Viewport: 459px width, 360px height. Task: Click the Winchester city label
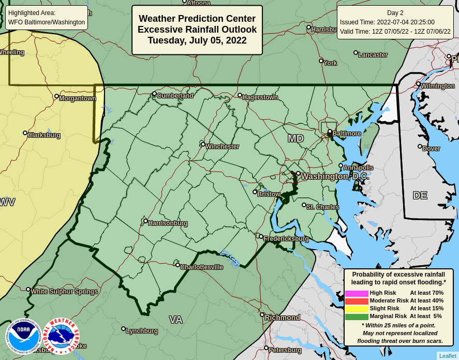click(222, 147)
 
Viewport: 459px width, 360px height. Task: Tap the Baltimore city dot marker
click(330, 132)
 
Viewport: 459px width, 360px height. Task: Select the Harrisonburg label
click(168, 223)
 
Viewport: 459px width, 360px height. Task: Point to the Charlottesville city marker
click(177, 265)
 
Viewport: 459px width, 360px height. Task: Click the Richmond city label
click(282, 318)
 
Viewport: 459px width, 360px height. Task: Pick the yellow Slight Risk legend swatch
click(357, 309)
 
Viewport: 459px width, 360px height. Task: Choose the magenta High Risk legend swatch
click(357, 293)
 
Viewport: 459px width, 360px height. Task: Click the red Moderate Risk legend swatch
click(357, 301)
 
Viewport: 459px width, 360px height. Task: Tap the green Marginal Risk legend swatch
click(357, 316)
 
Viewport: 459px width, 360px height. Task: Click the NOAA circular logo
click(23, 336)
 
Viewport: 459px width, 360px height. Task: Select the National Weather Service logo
click(61, 336)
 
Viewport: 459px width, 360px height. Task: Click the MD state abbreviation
click(295, 139)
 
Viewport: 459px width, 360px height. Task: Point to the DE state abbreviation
click(420, 196)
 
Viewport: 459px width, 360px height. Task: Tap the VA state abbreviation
click(175, 320)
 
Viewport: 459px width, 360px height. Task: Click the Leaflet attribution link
click(448, 356)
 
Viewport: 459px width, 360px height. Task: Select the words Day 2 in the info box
click(395, 13)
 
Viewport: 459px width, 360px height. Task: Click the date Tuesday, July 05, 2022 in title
click(197, 40)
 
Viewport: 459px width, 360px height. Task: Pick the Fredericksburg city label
click(286, 239)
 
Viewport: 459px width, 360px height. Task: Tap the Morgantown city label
click(77, 98)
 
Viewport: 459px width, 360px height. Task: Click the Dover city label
click(431, 149)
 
